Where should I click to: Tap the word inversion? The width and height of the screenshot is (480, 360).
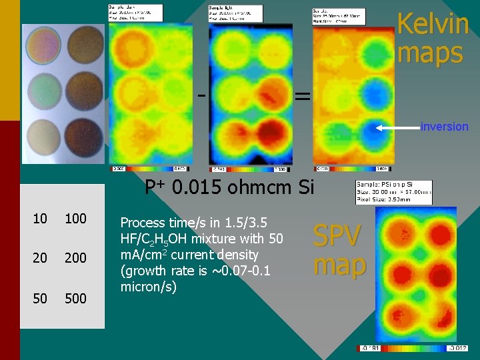pyautogui.click(x=444, y=127)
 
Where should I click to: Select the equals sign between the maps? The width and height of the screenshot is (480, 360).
pyautogui.click(x=302, y=97)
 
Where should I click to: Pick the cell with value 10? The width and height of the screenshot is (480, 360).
pyautogui.click(x=40, y=218)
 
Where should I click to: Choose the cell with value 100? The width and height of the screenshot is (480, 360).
pyautogui.click(x=75, y=218)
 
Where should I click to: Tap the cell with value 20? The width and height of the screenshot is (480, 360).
pyautogui.click(x=40, y=258)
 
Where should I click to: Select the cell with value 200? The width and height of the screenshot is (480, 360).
pyautogui.click(x=75, y=258)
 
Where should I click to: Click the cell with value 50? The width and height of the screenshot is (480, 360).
pyautogui.click(x=40, y=298)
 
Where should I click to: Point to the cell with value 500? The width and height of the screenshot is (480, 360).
pyautogui.click(x=75, y=298)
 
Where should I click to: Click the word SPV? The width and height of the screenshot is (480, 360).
pyautogui.click(x=337, y=236)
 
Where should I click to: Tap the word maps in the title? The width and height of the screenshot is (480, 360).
pyautogui.click(x=430, y=53)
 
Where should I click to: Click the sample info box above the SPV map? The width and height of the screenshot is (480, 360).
pyautogui.click(x=394, y=191)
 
